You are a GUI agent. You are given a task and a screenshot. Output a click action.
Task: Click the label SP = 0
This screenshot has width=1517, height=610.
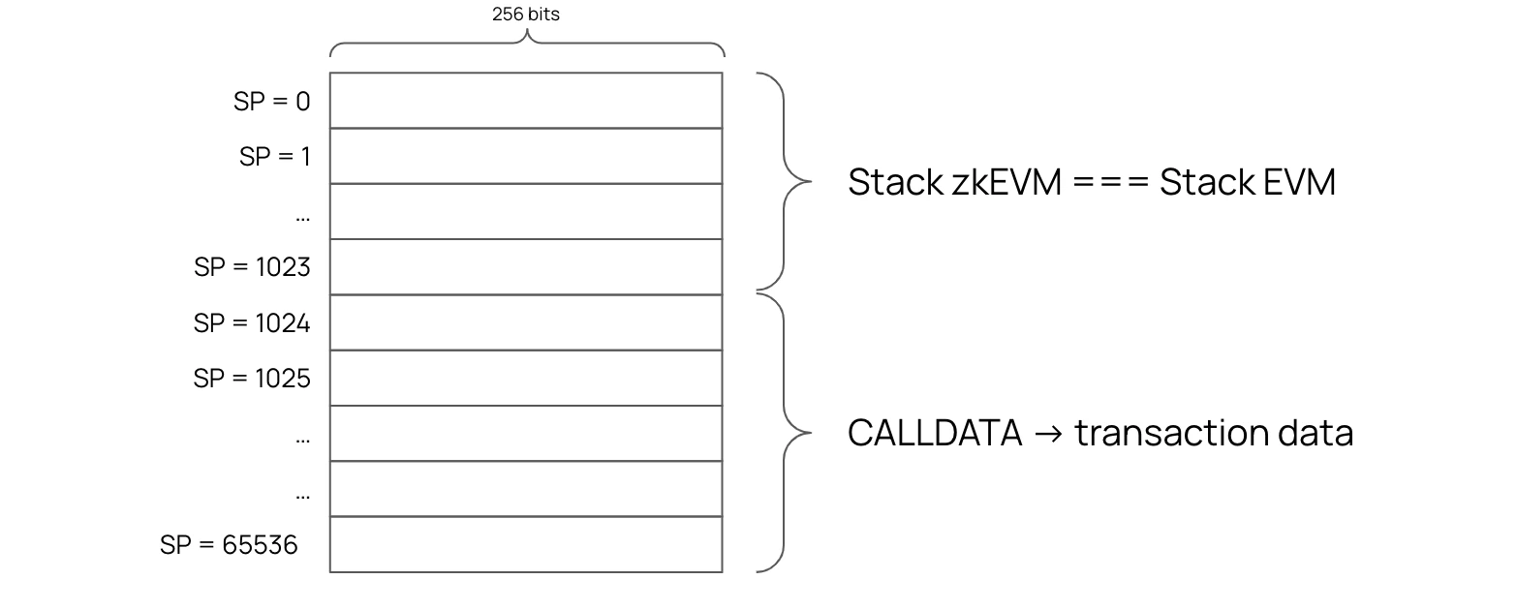pyautogui.click(x=271, y=102)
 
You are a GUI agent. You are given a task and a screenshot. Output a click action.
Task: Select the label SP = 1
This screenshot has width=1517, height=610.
pyautogui.click(x=274, y=157)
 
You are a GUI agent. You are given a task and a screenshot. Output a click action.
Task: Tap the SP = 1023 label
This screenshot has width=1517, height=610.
pyautogui.click(x=252, y=267)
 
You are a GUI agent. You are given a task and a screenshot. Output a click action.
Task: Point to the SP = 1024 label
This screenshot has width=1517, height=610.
pyautogui.click(x=252, y=323)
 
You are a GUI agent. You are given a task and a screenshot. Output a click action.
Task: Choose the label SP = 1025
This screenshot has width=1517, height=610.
pyautogui.click(x=252, y=379)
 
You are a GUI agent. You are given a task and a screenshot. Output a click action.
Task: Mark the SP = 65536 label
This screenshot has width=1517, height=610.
pyautogui.click(x=229, y=545)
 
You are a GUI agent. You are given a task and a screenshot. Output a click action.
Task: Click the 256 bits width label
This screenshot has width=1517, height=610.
pyautogui.click(x=525, y=15)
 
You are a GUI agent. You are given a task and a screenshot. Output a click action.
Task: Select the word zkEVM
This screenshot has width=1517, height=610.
pyautogui.click(x=1006, y=182)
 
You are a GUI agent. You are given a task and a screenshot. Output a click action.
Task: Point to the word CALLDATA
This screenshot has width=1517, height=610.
pyautogui.click(x=935, y=432)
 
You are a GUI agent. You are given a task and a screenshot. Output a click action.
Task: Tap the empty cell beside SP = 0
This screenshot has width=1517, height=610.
pyautogui.click(x=526, y=101)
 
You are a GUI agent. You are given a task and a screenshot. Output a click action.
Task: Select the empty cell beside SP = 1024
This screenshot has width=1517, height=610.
pyautogui.click(x=526, y=322)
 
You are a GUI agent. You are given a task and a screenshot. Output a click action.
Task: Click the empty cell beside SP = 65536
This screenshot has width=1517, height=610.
pyautogui.click(x=526, y=544)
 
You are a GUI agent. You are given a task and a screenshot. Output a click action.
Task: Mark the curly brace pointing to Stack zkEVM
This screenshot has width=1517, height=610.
pyautogui.click(x=783, y=181)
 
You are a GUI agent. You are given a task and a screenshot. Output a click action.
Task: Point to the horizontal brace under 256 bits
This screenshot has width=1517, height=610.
pyautogui.click(x=527, y=45)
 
